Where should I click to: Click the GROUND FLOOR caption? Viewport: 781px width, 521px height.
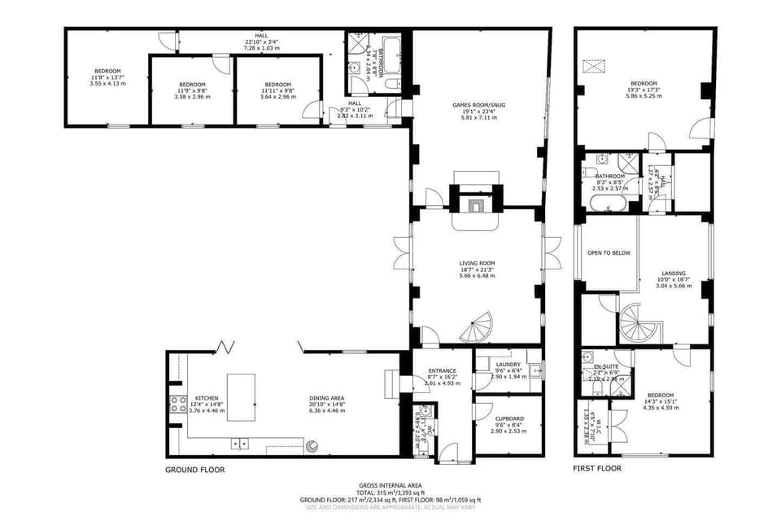[x=194, y=470]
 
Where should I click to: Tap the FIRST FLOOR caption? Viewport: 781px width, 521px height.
[x=598, y=469]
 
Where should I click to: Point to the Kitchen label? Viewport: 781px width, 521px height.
[x=206, y=399]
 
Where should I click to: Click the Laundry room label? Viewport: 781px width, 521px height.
[x=508, y=366]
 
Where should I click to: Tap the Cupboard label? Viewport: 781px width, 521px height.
[x=509, y=418]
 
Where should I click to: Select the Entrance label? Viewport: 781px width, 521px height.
[x=443, y=371]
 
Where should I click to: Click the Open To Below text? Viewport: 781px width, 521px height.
[x=609, y=253]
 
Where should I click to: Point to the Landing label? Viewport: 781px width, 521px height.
[x=673, y=274]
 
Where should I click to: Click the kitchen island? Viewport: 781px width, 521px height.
[x=240, y=397]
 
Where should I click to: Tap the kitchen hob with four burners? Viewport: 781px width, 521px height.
[x=177, y=405]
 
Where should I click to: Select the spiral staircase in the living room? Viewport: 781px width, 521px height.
[x=477, y=327]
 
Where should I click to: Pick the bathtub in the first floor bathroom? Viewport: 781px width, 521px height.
[x=609, y=202]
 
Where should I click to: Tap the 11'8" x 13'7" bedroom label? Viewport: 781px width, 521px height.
[x=107, y=71]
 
